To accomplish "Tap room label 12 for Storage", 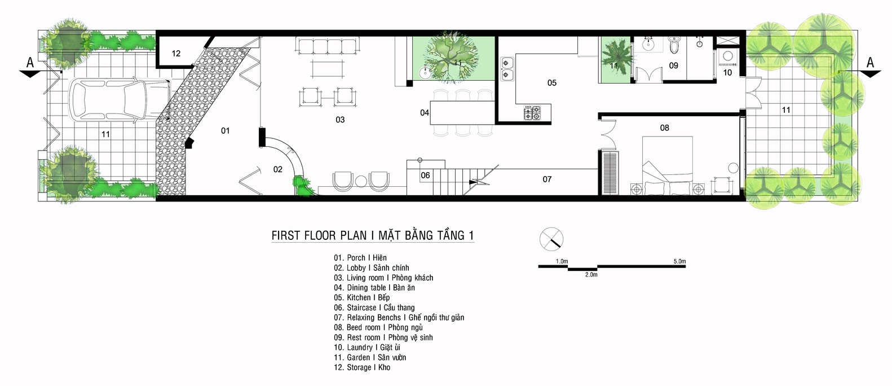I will tap(176, 54).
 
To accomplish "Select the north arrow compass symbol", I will tap(551, 239).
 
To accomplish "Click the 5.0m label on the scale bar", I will tap(679, 261).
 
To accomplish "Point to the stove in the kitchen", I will tap(532, 113).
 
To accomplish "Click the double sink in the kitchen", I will tap(506, 68).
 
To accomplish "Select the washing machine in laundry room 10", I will tap(727, 56).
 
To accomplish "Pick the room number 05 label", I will tap(551, 83).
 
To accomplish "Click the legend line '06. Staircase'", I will tap(374, 308).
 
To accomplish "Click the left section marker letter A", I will tap(30, 63).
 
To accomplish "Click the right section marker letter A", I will tap(870, 63).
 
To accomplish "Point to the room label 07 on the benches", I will tap(547, 179).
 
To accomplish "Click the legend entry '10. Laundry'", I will tap(367, 348).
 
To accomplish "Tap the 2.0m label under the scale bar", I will tap(591, 275).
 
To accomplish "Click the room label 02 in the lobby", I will tap(277, 169).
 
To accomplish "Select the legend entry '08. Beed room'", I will tap(378, 327).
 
